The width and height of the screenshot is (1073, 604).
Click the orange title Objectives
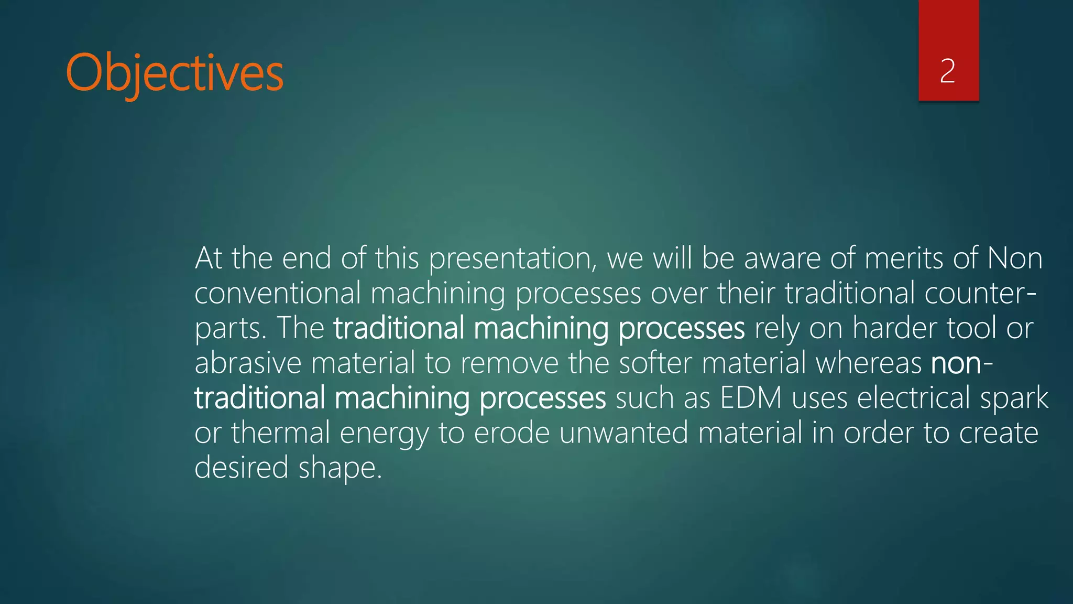pos(174,73)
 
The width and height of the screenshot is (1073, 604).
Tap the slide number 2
pos(947,71)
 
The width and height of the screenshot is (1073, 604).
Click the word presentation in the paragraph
pos(512,259)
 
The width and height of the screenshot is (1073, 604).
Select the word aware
pos(782,259)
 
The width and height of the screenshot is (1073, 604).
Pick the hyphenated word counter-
pos(980,294)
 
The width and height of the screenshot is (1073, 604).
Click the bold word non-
pos(961,363)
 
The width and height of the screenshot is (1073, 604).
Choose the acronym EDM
pos(751,398)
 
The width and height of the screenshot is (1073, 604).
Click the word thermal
pos(280,434)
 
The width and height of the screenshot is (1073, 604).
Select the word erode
pos(511,434)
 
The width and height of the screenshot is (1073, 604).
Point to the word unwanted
pos(623,434)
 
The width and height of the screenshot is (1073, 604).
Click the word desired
pos(241,468)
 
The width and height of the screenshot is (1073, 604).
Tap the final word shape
pos(340,468)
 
